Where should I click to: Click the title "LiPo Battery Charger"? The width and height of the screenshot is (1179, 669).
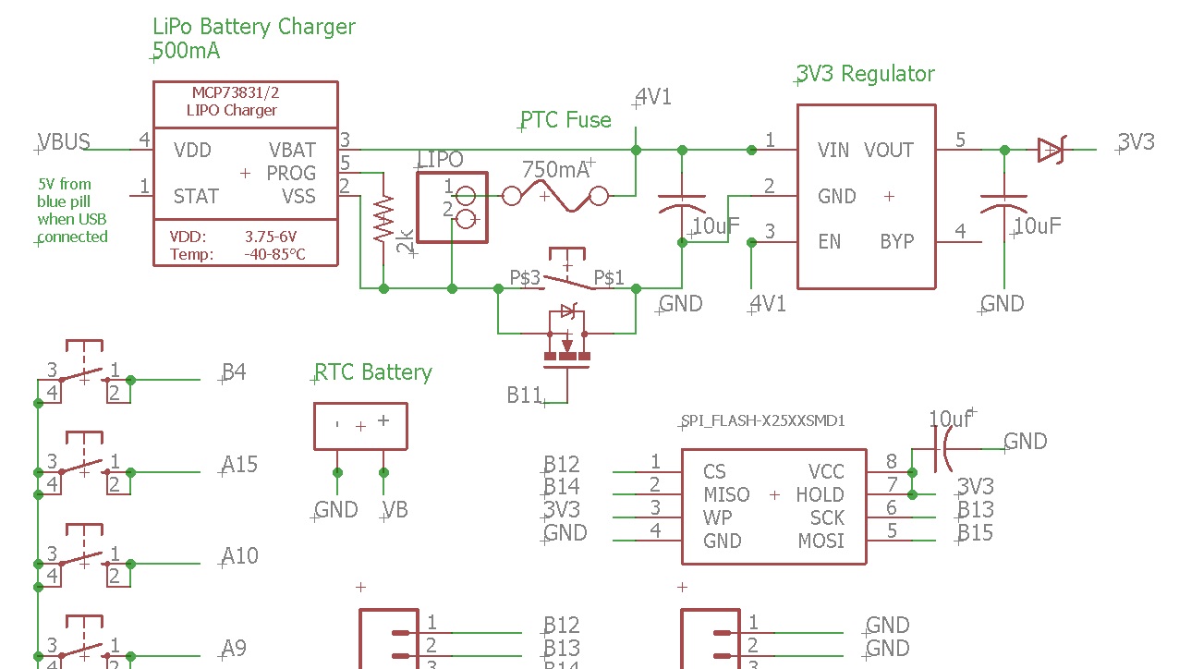click(x=254, y=27)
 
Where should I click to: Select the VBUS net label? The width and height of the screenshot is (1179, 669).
click(x=64, y=141)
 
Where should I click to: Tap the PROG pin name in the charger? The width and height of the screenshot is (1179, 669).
click(x=291, y=173)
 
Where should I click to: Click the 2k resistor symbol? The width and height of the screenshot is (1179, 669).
click(x=383, y=219)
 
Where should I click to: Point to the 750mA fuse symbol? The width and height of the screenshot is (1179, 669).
click(x=555, y=196)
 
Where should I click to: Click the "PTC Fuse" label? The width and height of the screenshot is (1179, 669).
click(x=565, y=119)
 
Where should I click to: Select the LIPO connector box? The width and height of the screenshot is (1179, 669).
click(x=453, y=207)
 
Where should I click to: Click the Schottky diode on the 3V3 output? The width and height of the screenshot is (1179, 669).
click(x=1051, y=150)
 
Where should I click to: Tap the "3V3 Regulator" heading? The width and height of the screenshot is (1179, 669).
click(x=866, y=74)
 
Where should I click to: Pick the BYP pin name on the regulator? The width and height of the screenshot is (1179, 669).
click(x=896, y=241)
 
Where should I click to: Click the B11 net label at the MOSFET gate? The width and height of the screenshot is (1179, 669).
click(x=524, y=395)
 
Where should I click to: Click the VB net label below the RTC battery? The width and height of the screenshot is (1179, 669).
click(x=395, y=510)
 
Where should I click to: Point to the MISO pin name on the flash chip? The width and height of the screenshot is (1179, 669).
click(x=726, y=494)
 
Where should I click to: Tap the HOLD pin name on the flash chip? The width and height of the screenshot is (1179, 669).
click(x=820, y=494)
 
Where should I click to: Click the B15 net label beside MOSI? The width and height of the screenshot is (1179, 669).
click(x=976, y=532)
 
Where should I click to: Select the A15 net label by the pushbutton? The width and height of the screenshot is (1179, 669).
click(x=240, y=464)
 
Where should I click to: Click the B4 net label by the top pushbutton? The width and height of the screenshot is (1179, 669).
click(x=234, y=372)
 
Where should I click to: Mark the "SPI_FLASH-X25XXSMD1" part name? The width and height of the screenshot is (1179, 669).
click(x=763, y=420)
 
